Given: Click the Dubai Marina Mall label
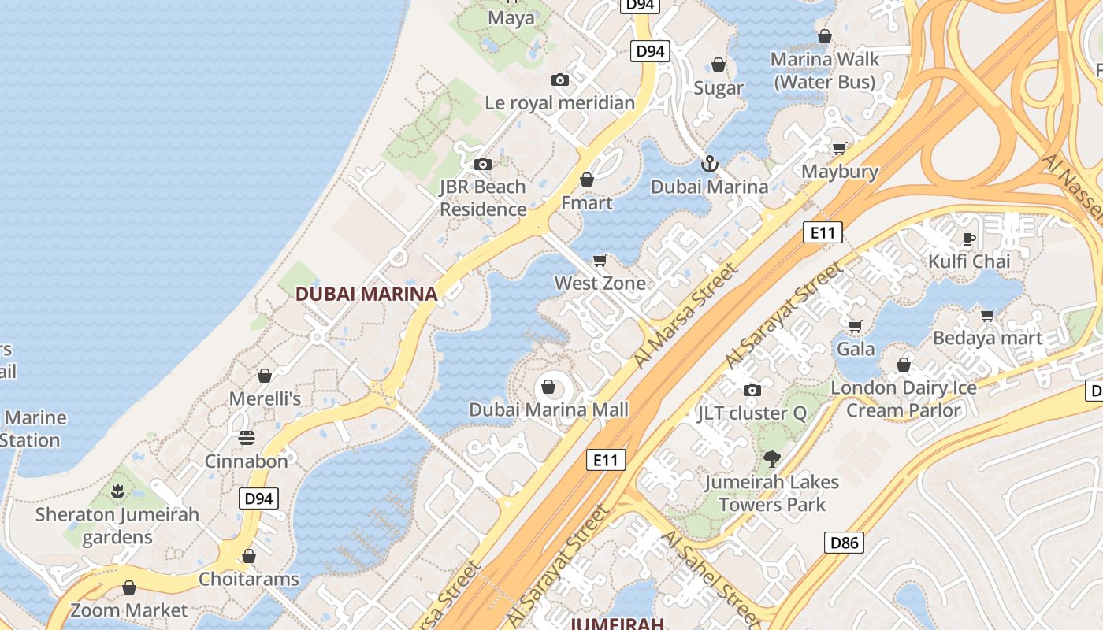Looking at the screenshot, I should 549,409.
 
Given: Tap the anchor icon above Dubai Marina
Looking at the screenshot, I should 710,164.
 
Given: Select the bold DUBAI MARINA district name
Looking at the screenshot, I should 366,294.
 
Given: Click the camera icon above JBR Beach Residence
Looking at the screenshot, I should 483,164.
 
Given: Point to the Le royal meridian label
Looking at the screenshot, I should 559,102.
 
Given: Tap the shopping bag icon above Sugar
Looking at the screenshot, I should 719,65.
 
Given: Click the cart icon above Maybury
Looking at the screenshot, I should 840,148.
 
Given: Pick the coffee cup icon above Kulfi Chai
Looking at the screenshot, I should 969,238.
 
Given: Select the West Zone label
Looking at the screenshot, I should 600,283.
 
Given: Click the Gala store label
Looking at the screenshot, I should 856,348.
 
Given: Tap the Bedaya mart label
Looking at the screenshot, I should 987,338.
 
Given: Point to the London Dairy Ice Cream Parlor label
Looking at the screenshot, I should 904,398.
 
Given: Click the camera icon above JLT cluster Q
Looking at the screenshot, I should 752,390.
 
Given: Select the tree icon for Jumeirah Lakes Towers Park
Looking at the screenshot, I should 772,458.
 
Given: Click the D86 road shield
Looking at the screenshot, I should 844,542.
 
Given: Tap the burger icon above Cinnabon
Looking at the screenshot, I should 247,438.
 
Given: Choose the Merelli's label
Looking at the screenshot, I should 265,398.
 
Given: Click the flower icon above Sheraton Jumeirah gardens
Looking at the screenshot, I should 117,491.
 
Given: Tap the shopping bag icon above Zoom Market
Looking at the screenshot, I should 129,587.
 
